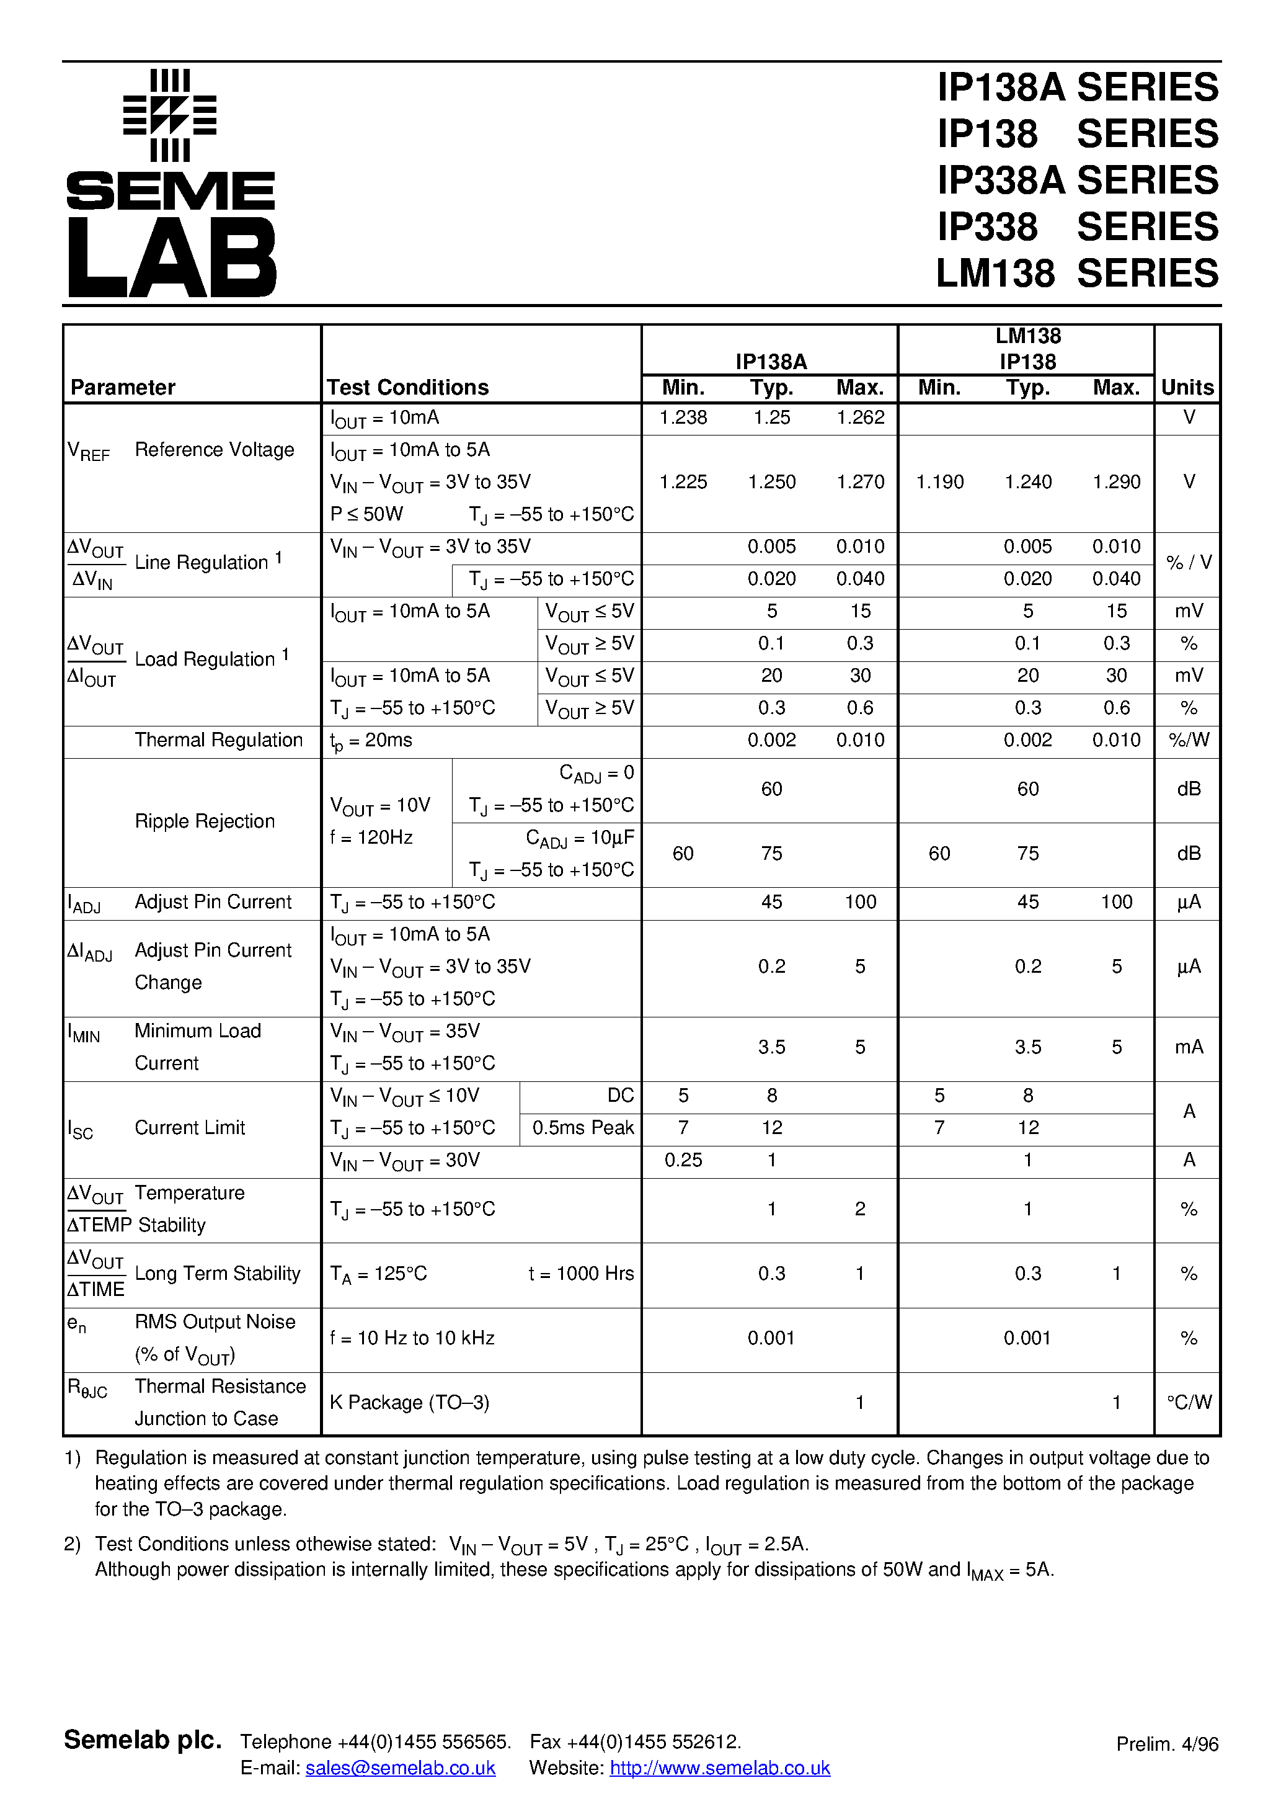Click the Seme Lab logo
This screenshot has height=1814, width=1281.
171,183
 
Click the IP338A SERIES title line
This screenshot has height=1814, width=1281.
1077,180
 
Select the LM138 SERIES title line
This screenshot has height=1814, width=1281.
1077,274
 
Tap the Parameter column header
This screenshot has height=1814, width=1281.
123,387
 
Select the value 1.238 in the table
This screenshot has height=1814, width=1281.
683,418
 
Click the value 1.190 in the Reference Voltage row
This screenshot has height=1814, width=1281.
939,482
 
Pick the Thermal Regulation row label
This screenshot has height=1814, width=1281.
219,740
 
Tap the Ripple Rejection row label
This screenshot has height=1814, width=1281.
205,821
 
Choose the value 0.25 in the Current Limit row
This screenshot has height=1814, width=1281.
683,1160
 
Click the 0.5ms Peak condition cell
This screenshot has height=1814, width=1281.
583,1128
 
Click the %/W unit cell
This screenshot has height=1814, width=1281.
1189,740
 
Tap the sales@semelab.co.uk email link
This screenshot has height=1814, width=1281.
401,1768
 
